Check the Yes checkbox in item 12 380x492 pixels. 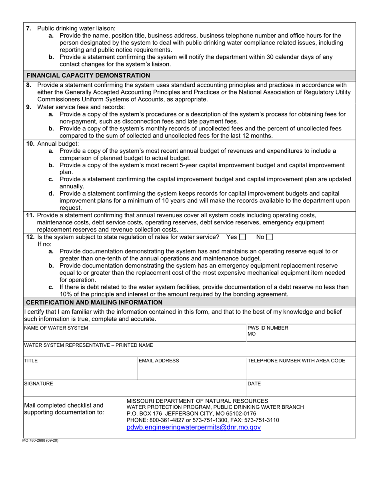pyautogui.click(x=242, y=237)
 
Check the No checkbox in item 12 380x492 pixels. pyautogui.click(x=269, y=237)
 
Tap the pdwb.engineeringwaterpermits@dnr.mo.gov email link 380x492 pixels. pyautogui.click(x=194, y=428)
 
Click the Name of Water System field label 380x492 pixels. pyautogui.click(x=56, y=328)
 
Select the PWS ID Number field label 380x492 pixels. pyautogui.click(x=268, y=328)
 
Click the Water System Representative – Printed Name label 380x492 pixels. pyautogui.click(x=88, y=345)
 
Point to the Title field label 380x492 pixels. pyautogui.click(x=31, y=361)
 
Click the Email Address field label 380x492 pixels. pyautogui.click(x=159, y=361)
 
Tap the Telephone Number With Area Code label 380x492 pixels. pyautogui.click(x=296, y=361)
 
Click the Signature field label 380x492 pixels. pyautogui.click(x=38, y=384)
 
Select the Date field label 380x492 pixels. pyautogui.click(x=254, y=384)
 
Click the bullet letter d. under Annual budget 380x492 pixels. pyautogui.click(x=51, y=194)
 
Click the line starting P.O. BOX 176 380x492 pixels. pyautogui.click(x=191, y=414)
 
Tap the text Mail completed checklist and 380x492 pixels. pyautogui.click(x=64, y=405)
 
